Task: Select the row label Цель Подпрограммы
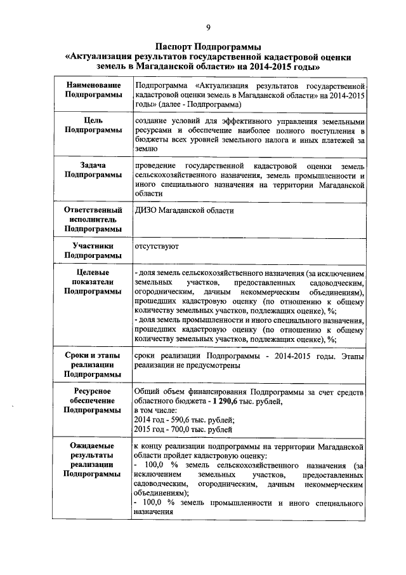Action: pyautogui.click(x=93, y=125)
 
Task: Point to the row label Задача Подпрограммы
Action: pyautogui.click(x=93, y=170)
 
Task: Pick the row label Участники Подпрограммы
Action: pyautogui.click(x=93, y=250)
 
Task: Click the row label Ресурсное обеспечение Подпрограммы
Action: pyautogui.click(x=93, y=401)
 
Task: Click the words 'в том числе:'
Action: pyautogui.click(x=157, y=410)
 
